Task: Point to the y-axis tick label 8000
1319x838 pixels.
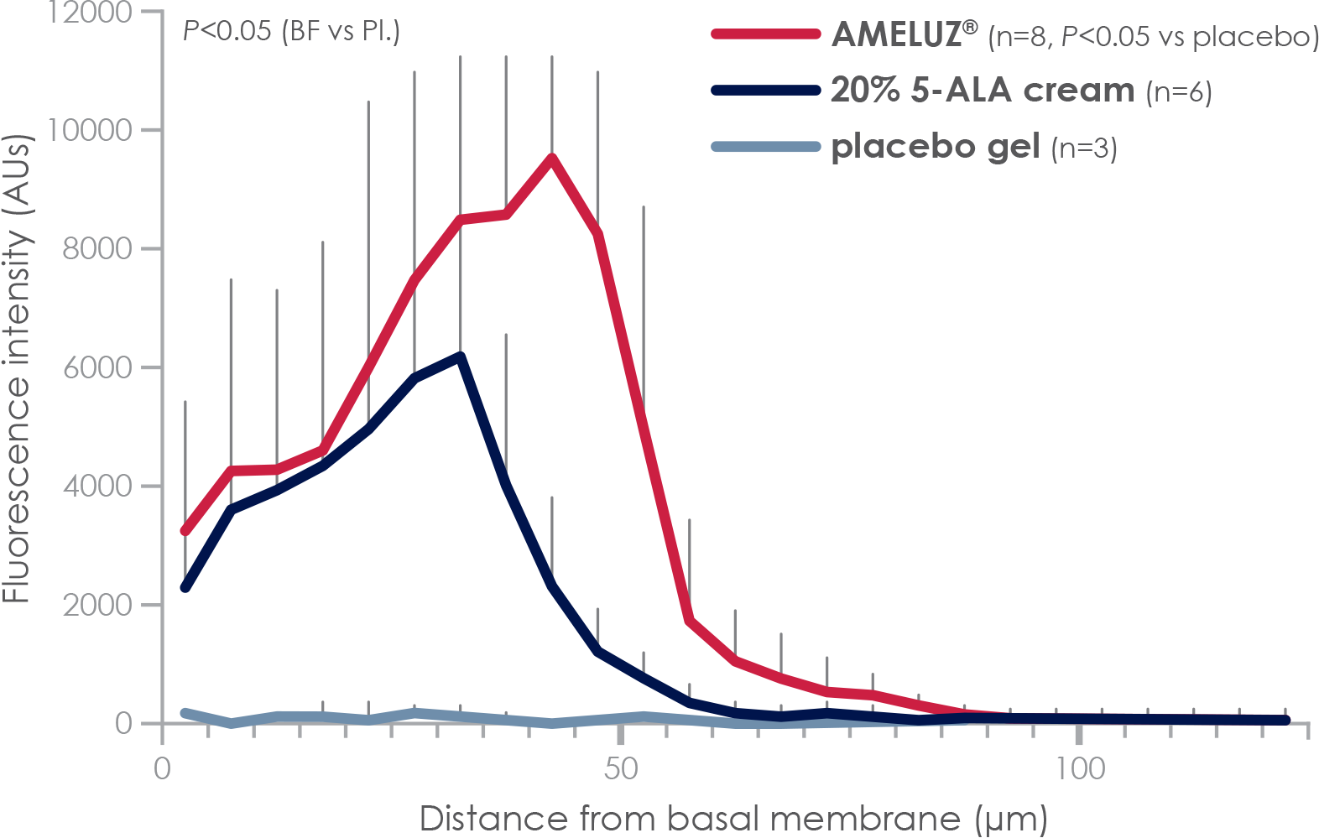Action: click(x=97, y=249)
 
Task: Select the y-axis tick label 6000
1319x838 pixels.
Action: click(x=97, y=367)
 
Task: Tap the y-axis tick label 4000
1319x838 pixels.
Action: click(x=97, y=487)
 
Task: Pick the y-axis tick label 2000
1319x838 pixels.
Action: click(x=97, y=605)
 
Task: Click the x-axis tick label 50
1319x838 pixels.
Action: click(x=620, y=768)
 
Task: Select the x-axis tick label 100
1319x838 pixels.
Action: click(x=1078, y=768)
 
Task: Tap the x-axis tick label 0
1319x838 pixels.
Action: click(x=162, y=768)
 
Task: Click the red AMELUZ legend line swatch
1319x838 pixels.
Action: click(x=765, y=34)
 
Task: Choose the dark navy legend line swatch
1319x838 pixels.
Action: click(x=765, y=91)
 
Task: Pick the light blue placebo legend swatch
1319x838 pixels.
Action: click(x=765, y=147)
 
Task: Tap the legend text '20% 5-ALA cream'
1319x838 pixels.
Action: click(x=982, y=91)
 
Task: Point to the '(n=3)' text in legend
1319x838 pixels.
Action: click(x=1084, y=148)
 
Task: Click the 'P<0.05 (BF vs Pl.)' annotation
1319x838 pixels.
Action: click(x=291, y=32)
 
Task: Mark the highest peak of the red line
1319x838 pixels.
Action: click(x=551, y=157)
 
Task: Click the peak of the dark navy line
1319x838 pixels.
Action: click(x=460, y=357)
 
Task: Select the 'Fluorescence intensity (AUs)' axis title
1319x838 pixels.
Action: click(x=18, y=369)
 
